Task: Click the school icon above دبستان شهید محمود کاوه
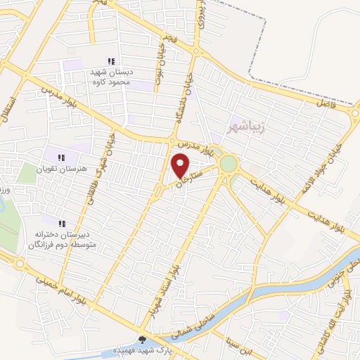pyautogui.click(x=110, y=62)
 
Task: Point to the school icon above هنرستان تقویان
pyautogui.click(x=61, y=157)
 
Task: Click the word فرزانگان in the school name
pyautogui.click(x=44, y=246)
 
